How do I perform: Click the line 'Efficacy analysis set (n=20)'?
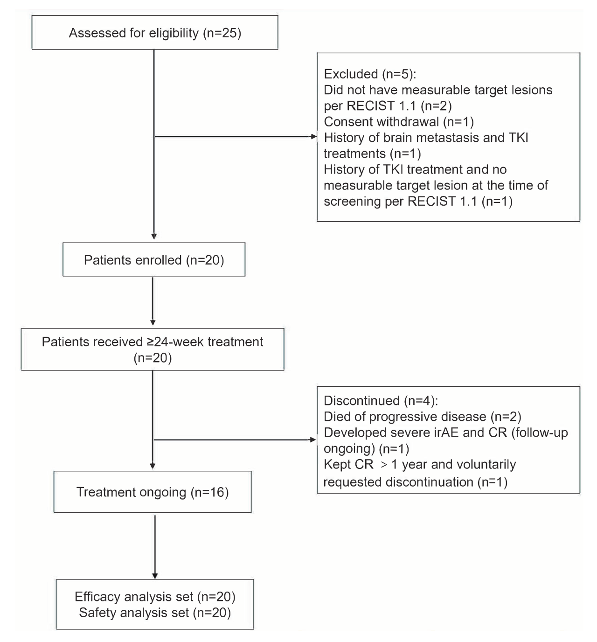[155, 597]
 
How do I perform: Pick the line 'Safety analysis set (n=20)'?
[155, 613]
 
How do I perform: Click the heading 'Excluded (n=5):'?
[370, 74]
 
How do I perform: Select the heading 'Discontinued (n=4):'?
[381, 400]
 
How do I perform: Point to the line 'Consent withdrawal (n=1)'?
[399, 122]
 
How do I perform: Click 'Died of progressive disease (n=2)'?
[423, 416]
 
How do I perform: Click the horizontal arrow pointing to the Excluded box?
[236, 137]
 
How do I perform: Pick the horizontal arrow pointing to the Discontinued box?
[235, 440]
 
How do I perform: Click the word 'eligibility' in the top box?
[174, 33]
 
